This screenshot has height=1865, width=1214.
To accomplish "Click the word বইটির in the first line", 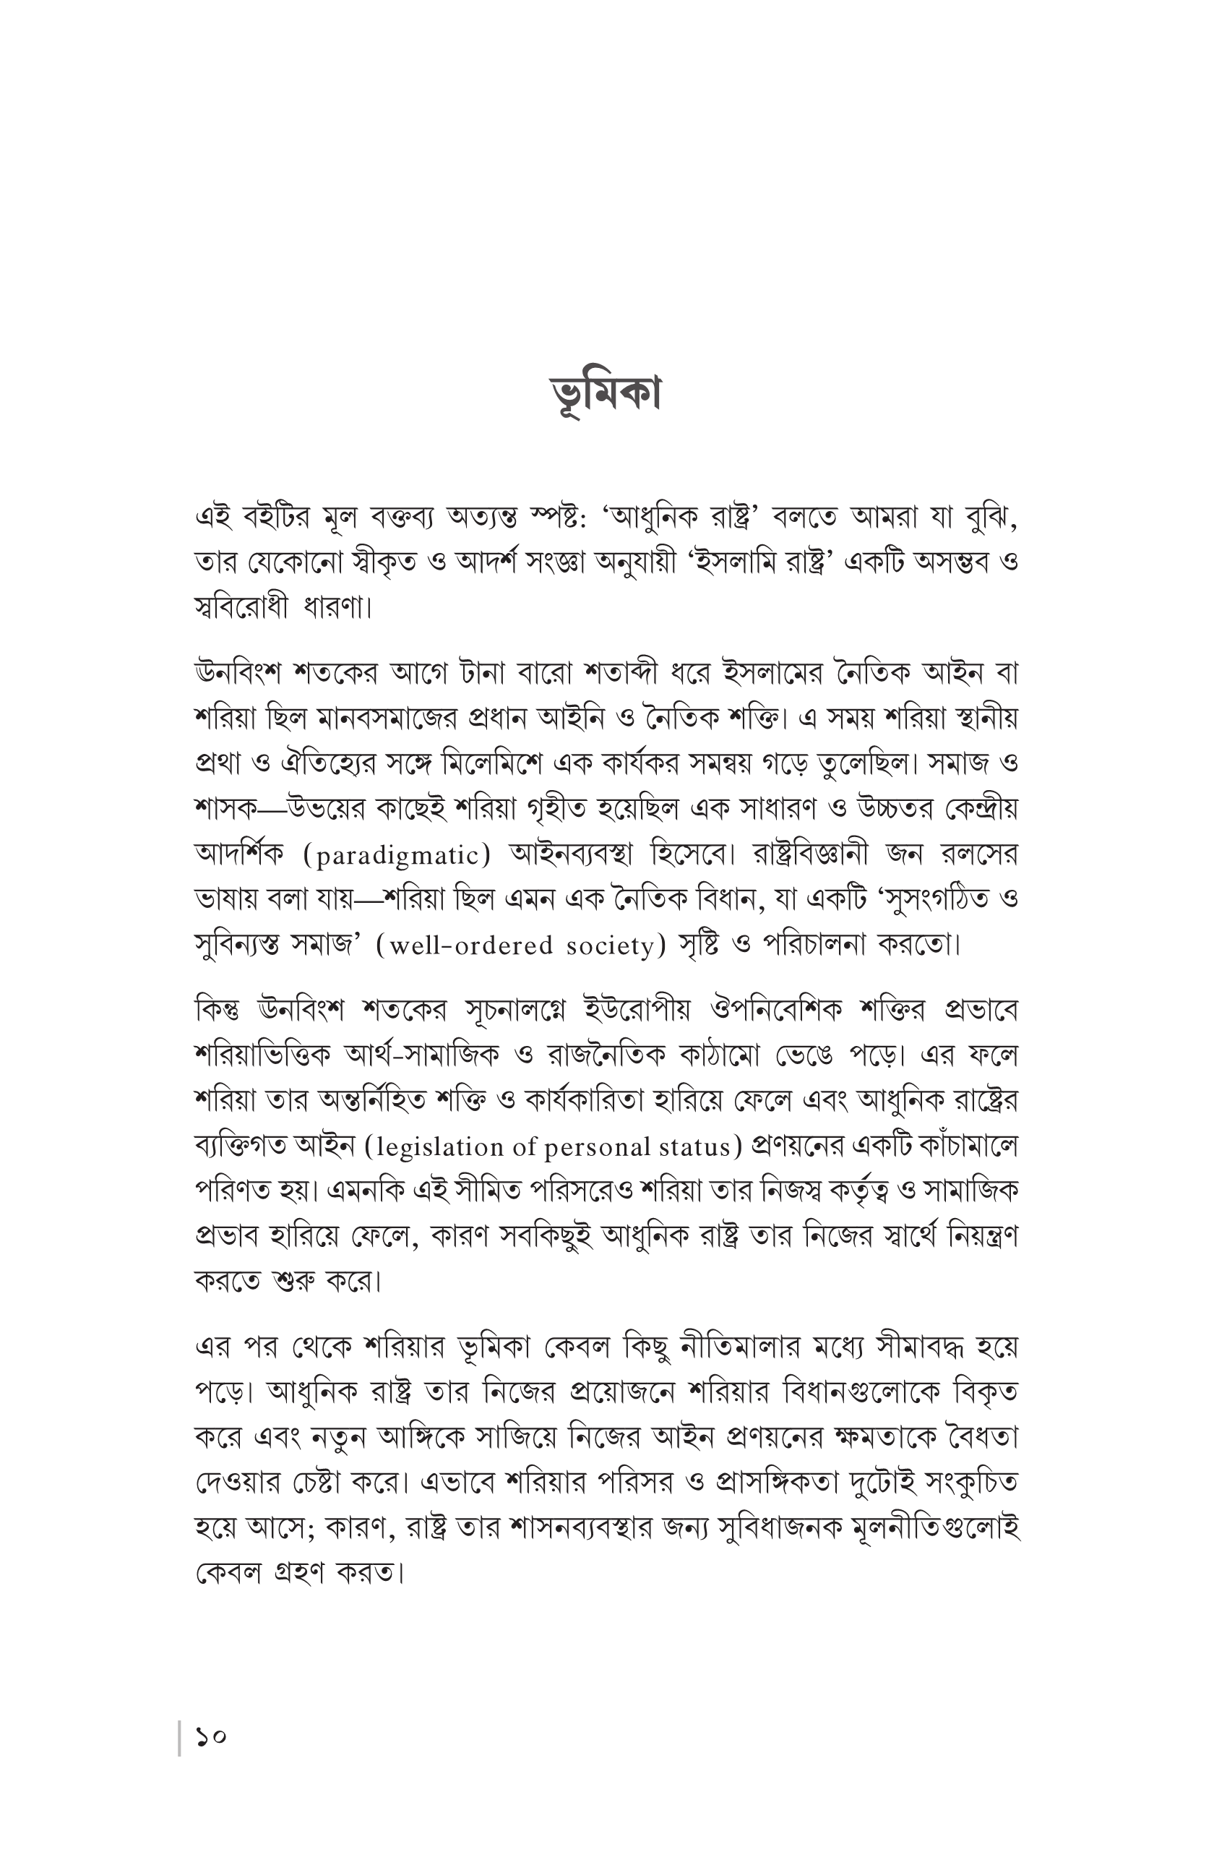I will [277, 516].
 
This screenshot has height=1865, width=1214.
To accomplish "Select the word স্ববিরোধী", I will [241, 607].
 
